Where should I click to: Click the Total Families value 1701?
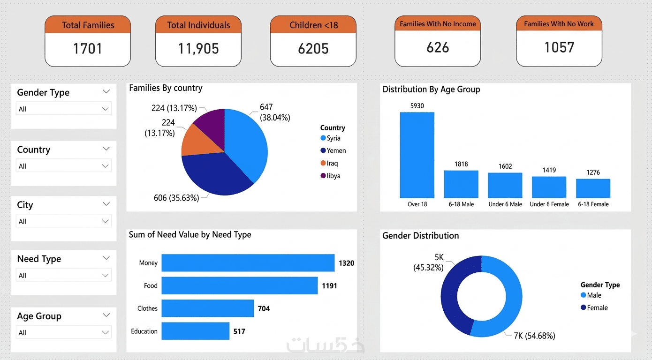coord(88,49)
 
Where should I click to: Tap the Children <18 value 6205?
coord(313,49)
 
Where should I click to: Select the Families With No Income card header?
coord(438,24)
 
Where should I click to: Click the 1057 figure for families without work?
coord(559,47)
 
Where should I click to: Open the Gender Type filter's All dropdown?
coord(63,109)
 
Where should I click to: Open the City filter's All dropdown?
coord(63,221)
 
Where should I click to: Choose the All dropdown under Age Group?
coord(63,332)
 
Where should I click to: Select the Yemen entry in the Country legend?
coord(333,150)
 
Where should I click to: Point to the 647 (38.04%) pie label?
coord(274,112)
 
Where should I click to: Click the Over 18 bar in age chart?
coord(417,155)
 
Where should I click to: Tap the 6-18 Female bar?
coord(593,188)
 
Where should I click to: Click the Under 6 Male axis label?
coord(505,204)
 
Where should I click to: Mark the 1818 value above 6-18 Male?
coord(461,164)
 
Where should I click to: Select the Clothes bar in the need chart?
coord(207,308)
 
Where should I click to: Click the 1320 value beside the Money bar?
coord(346,263)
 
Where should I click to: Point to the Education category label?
coord(144,331)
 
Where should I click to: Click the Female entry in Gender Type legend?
coord(594,307)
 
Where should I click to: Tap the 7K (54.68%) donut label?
coord(534,336)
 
